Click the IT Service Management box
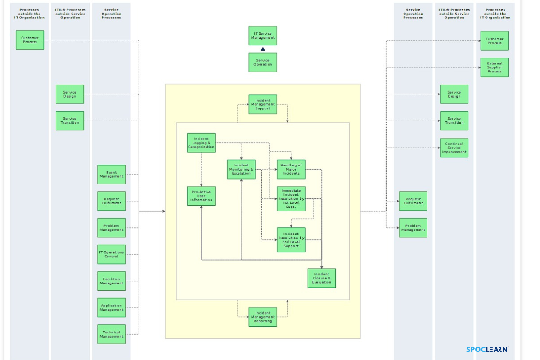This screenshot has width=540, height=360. point(263,36)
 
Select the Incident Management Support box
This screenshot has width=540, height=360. point(263,104)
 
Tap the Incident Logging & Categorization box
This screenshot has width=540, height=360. point(201,143)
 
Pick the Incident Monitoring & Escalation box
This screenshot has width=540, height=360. point(241,170)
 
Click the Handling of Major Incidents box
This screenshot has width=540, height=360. point(291,170)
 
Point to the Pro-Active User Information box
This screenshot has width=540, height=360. point(201,196)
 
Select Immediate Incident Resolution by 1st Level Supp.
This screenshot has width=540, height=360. point(291,198)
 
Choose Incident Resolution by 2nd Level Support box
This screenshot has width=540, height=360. point(291,240)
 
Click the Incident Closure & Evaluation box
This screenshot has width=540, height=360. point(322,278)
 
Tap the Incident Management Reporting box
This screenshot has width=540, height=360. point(263,317)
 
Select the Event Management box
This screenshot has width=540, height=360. point(112,175)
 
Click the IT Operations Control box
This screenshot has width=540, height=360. point(112,254)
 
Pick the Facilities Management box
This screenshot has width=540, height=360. point(112,281)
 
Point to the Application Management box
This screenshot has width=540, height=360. point(112,307)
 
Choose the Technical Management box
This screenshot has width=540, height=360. point(112,334)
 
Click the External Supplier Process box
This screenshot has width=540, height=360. point(495,67)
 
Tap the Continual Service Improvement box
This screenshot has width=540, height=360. point(454,148)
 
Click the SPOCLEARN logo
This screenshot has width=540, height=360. point(487,349)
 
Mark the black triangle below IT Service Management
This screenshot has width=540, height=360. point(263,49)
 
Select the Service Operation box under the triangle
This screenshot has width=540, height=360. point(263,62)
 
